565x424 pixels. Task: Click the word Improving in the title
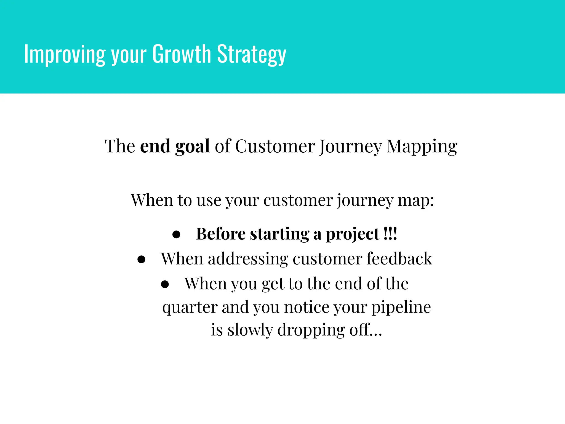coord(65,54)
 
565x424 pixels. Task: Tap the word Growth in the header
coord(182,54)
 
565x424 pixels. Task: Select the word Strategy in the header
coord(252,54)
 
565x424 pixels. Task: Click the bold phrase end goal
coord(175,146)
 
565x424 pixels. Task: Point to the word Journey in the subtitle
coord(350,146)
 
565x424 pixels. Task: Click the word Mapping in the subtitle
coord(422,146)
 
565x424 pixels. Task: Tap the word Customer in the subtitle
coord(275,146)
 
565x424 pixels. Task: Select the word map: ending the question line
coord(416,200)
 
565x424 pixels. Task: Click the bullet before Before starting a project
coord(176,235)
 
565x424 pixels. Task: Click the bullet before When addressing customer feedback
coord(141,259)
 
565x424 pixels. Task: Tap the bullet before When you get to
coord(165,284)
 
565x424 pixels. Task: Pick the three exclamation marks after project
coord(390,234)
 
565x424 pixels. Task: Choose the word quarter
coord(190,307)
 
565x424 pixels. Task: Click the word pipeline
coord(401,307)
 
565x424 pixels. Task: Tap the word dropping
coord(311,330)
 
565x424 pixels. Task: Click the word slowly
coord(250,330)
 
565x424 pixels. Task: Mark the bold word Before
coord(221,234)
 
